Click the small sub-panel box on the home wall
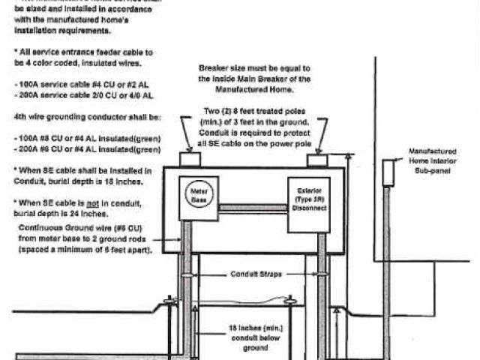[388, 172]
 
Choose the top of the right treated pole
[317, 160]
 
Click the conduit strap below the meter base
[187, 275]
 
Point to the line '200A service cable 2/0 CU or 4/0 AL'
[84, 95]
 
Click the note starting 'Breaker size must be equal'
[256, 77]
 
